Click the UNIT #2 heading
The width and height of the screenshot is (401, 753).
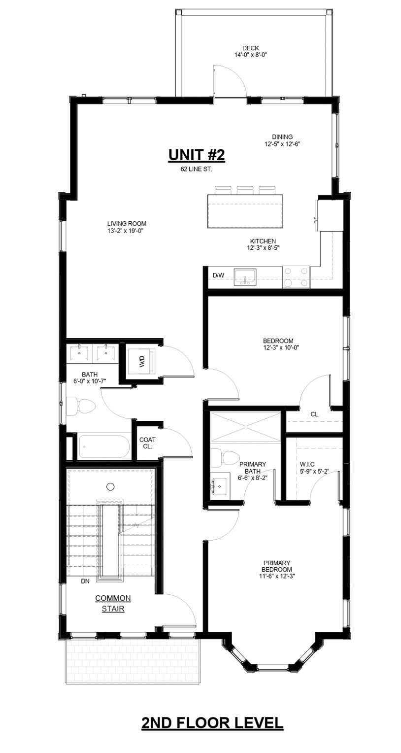196,155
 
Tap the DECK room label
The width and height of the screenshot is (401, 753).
250,48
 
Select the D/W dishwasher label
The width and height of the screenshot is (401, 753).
218,275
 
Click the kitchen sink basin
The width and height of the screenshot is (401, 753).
245,277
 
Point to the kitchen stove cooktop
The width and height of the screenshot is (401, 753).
296,277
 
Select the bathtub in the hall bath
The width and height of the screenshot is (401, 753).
103,447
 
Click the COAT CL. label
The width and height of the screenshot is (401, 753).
148,443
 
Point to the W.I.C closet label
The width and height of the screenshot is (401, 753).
307,464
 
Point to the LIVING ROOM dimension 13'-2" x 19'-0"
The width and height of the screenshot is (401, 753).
127,231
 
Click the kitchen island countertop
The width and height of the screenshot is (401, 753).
245,211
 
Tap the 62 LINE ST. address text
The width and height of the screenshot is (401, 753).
196,170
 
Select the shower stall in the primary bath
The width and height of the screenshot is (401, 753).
245,426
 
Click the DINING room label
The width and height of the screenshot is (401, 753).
282,137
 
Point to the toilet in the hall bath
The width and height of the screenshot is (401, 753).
81,407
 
